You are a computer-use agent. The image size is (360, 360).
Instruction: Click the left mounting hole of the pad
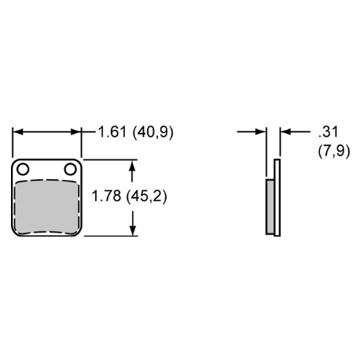pyautogui.click(x=23, y=169)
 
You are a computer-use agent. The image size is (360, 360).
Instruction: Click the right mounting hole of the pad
pyautogui.click(x=70, y=169)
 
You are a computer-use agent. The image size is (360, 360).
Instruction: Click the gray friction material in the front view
pyautogui.click(x=46, y=207)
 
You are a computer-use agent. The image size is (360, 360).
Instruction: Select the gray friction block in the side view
pyautogui.click(x=270, y=207)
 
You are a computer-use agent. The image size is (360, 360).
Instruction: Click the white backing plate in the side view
pyautogui.click(x=277, y=197)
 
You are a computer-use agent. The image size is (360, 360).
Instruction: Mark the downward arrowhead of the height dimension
pyautogui.click(x=133, y=230)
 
